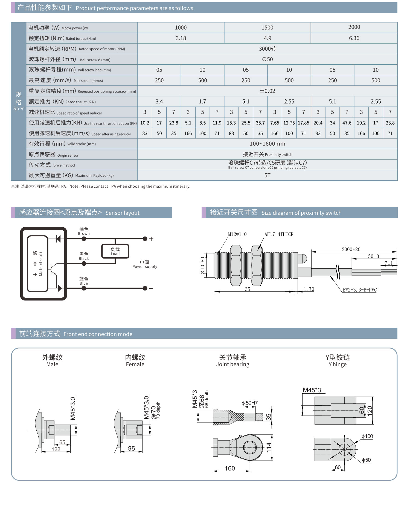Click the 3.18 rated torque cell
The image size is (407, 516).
point(181,38)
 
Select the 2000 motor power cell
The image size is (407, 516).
point(354,27)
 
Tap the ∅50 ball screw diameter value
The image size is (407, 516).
point(267,59)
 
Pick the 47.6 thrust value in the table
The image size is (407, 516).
point(347,123)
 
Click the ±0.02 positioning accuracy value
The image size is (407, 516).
point(267,91)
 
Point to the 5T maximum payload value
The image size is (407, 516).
point(267,176)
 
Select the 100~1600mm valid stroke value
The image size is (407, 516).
point(267,144)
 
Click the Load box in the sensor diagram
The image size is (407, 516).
point(115,251)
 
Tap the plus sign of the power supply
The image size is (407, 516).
point(151,239)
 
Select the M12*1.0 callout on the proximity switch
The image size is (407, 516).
point(237,234)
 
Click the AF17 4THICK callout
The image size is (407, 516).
point(279,234)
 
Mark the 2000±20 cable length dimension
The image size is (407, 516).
point(351,249)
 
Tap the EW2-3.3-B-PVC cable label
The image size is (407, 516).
point(359,290)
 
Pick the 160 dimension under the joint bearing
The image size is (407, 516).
point(230,468)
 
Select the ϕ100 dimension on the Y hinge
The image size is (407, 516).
point(367,436)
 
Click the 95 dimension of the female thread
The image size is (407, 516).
point(131,448)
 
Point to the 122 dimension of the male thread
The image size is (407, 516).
point(56,449)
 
